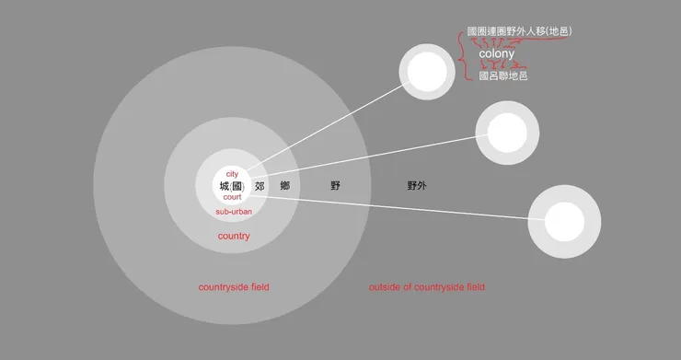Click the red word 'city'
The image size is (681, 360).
[x=232, y=174]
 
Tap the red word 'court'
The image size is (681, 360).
[x=233, y=197]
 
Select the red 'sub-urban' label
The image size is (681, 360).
[x=234, y=212]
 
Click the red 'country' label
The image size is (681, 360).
[x=234, y=237]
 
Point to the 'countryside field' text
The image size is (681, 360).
[x=234, y=287]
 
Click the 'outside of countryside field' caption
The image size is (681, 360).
[x=426, y=287]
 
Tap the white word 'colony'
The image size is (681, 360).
[x=496, y=54]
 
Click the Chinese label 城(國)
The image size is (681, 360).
[x=232, y=186]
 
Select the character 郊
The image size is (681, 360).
[x=260, y=186]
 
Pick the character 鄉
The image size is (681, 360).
[x=285, y=186]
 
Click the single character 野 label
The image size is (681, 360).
[x=336, y=186]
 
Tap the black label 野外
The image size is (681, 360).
[x=417, y=186]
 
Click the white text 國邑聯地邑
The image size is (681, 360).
[x=503, y=76]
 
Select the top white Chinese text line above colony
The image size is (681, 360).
[x=520, y=32]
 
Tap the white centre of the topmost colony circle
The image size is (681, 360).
[x=426, y=70]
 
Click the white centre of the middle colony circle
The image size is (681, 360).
[x=506, y=134]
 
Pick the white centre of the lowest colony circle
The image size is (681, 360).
[x=564, y=222]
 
